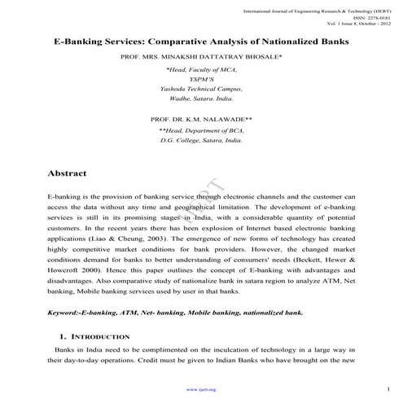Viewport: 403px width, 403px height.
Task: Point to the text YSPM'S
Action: click(x=201, y=80)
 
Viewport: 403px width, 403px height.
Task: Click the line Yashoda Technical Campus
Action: click(x=201, y=89)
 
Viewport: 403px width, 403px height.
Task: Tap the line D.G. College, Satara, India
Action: click(x=201, y=140)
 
